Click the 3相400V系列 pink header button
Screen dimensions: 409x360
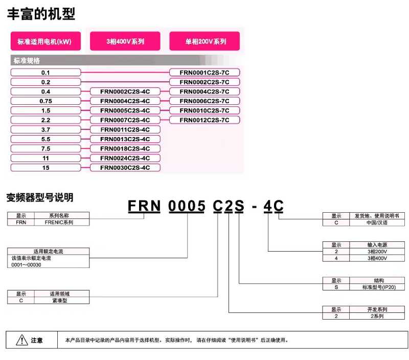tap(125, 41)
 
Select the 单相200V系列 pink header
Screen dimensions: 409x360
tap(204, 41)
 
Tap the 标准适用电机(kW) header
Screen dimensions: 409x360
tap(46, 41)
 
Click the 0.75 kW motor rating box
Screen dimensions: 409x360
tap(46, 101)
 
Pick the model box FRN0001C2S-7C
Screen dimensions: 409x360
tap(204, 73)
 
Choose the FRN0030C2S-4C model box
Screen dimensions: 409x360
tap(125, 168)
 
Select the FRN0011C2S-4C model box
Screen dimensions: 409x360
tap(125, 129)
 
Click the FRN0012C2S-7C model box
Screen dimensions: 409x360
tap(204, 120)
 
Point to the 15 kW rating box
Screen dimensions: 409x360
tap(46, 168)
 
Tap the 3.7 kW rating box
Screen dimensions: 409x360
tap(46, 129)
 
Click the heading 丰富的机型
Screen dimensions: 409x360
tap(41, 14)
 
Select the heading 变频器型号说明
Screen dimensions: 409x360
tap(40, 197)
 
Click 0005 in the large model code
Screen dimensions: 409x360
tap(187, 206)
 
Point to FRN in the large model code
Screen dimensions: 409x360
tap(144, 206)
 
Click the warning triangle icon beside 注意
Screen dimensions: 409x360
tap(22, 340)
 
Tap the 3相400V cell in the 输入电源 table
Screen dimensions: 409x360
tap(377, 258)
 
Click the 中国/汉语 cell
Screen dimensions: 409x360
tap(377, 222)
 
